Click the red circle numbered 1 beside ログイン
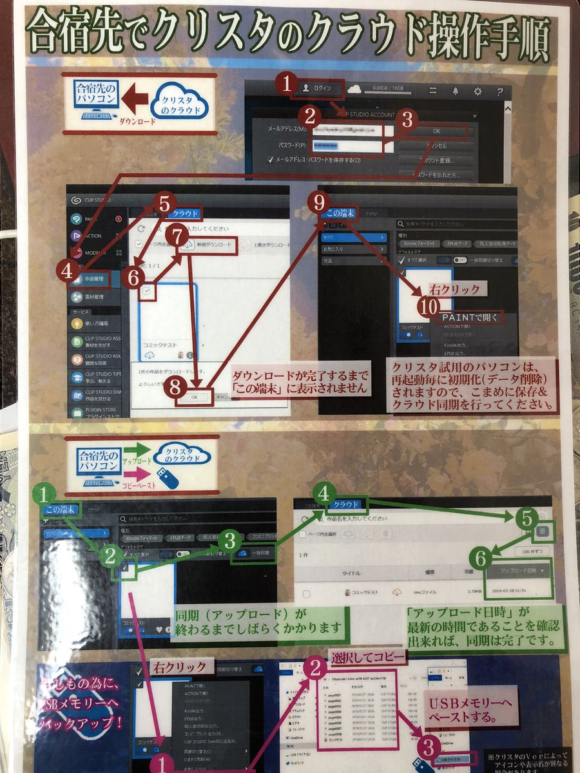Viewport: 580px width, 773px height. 288,84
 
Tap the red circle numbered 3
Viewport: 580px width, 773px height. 407,119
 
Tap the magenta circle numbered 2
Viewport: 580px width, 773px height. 316,668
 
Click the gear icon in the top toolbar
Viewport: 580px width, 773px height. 478,91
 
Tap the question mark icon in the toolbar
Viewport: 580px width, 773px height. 499,91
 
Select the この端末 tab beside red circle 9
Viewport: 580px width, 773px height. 340,213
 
